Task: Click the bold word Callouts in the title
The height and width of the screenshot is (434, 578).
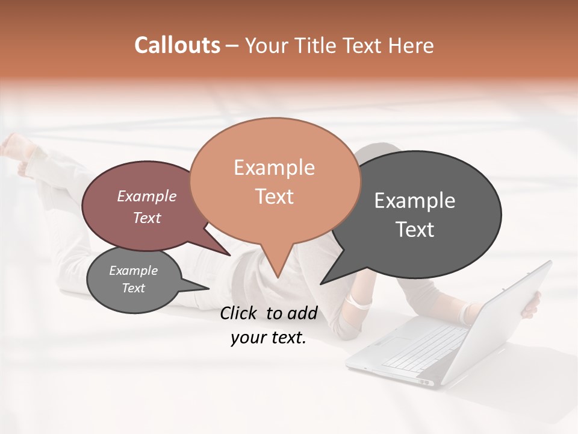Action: pos(177,45)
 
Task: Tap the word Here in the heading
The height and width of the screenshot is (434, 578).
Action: pos(411,46)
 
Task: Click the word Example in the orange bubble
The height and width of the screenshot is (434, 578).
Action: pos(274,168)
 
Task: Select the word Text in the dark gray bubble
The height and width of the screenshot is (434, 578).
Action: pos(415,230)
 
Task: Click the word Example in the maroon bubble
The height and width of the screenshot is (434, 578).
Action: pos(147,197)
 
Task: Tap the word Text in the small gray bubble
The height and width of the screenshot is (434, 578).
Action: pos(134,288)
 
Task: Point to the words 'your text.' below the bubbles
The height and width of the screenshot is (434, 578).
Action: pos(269,338)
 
